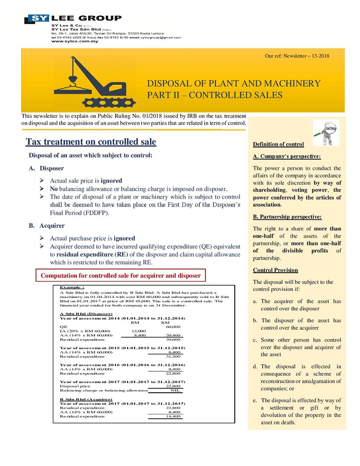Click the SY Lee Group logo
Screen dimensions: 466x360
(73, 19)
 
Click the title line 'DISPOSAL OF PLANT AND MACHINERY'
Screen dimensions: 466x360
(233, 83)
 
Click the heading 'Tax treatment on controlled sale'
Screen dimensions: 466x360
(91, 142)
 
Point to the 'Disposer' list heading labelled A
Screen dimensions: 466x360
(52, 168)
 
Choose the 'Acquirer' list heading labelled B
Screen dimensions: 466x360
(52, 225)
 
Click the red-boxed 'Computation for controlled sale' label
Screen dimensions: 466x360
(120, 276)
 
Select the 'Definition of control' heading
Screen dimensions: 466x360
(278, 144)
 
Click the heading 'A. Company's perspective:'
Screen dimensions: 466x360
(287, 156)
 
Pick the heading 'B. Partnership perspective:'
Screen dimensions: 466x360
(287, 217)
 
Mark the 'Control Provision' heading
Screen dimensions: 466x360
(275, 270)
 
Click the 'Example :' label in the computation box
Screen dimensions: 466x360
(72, 287)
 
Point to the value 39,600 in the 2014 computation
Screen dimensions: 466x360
(172, 340)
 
